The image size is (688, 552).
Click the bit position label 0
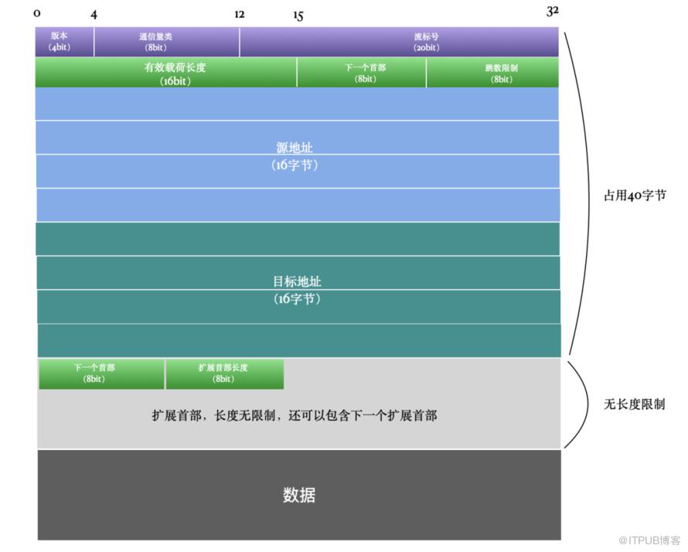37,14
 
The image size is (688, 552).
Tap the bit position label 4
94,15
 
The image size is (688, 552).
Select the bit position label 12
239,15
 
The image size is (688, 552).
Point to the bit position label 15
298,15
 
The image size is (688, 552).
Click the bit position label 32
553,11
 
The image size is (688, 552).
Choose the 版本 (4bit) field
64,42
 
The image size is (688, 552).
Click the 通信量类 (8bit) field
167,42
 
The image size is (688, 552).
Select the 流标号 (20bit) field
400,42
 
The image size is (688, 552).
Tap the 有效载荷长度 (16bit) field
166,73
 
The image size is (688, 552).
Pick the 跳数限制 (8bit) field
492,73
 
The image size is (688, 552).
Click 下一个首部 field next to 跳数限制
362,73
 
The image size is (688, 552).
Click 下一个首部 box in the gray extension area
101,374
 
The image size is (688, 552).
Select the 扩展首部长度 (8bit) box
225,374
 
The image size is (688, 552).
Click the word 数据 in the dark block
299,495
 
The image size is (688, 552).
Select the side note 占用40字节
635,196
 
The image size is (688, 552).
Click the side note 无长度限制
635,404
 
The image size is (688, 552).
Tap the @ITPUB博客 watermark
649,540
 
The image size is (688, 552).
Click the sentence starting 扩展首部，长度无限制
295,415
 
